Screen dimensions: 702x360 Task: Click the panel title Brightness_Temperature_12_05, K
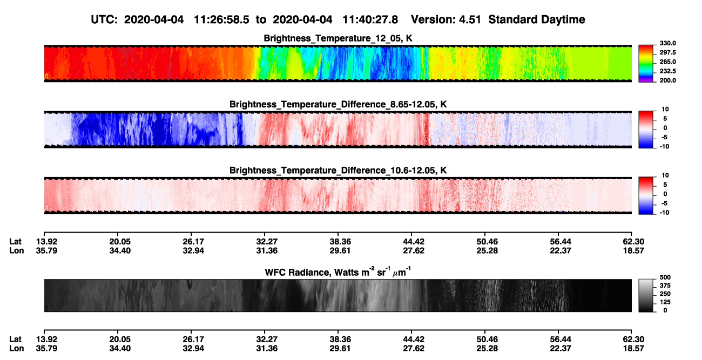pos(338,38)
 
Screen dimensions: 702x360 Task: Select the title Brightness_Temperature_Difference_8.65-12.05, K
pos(338,104)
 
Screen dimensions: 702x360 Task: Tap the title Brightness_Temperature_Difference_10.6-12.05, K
pos(338,171)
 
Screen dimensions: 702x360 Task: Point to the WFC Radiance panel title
pos(338,272)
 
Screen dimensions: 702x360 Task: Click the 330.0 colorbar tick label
pos(667,43)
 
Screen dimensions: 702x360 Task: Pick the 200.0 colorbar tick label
pos(667,80)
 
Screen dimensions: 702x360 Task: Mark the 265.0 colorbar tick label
pos(667,62)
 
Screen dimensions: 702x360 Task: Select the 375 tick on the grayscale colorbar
pos(665,286)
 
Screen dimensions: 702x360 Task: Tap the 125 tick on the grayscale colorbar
pos(665,302)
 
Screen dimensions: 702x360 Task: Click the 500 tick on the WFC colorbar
pos(665,277)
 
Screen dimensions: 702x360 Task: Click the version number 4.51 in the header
pos(470,20)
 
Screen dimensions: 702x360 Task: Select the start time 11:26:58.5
pos(221,20)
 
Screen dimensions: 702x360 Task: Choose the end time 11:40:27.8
pos(370,20)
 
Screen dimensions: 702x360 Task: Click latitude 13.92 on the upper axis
pos(46,242)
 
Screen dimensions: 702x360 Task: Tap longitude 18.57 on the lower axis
pos(633,349)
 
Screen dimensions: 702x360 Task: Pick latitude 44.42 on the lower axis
pos(414,339)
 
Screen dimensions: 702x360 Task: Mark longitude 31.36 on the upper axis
pos(267,250)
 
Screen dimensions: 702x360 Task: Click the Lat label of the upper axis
pos(15,242)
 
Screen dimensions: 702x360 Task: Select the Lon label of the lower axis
pos(17,349)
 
